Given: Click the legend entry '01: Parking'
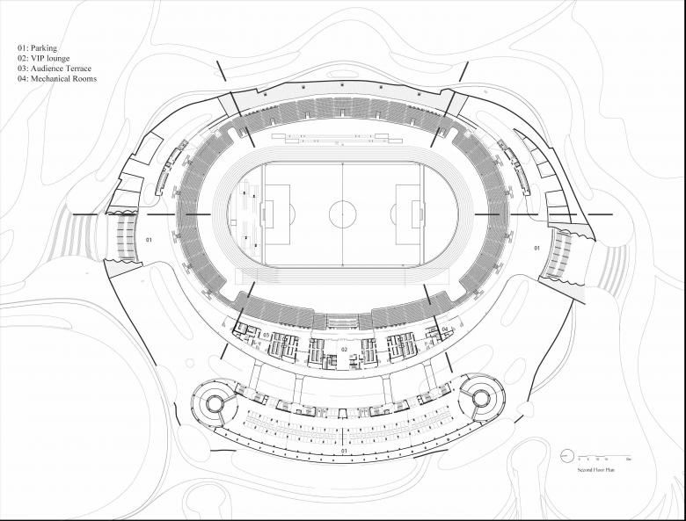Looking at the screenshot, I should [x=37, y=47].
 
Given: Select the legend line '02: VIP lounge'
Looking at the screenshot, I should [x=44, y=58].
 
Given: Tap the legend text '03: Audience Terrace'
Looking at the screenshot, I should [x=54, y=69].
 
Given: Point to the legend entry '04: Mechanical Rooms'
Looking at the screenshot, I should [x=56, y=79].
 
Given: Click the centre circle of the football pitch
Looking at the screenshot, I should [x=342, y=213].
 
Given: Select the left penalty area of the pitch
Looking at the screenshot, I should [x=277, y=213].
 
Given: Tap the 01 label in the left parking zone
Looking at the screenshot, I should [x=149, y=239].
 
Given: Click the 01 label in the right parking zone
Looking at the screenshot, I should [x=536, y=249].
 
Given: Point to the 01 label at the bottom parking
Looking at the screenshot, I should [x=343, y=452].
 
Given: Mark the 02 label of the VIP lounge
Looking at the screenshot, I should [x=345, y=350].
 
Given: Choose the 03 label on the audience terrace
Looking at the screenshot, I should [x=266, y=335].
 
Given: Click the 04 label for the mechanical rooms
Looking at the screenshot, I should [x=445, y=329].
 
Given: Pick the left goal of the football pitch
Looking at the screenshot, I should [x=262, y=213].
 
